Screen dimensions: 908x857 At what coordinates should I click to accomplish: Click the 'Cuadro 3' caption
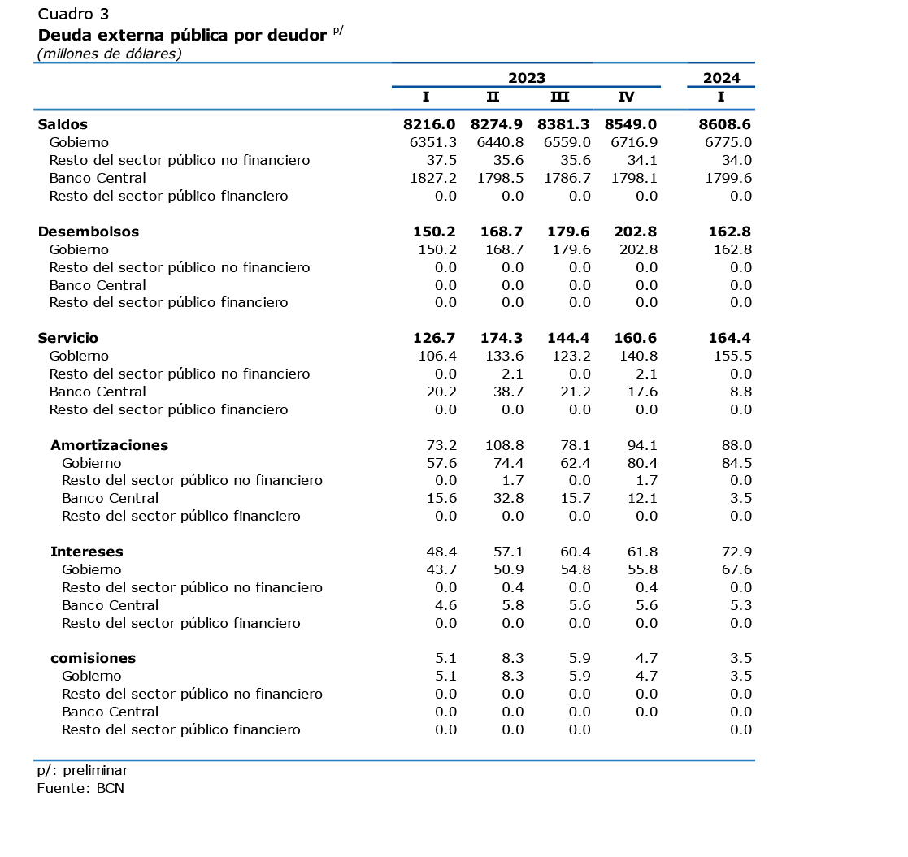(73, 14)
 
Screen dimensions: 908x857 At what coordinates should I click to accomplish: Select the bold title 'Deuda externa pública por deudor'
(182, 35)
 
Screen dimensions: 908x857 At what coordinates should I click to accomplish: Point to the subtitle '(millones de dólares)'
(110, 54)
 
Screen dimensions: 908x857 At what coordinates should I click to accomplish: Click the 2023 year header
(527, 78)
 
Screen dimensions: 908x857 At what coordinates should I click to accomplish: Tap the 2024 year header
(721, 78)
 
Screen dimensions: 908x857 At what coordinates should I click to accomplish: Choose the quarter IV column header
(626, 97)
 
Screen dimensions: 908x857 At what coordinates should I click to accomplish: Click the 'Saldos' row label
(63, 124)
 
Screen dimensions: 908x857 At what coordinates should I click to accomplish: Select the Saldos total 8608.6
(724, 124)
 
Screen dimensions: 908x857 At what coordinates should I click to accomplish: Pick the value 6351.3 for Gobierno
(432, 142)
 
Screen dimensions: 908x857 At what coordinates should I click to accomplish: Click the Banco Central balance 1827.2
(432, 178)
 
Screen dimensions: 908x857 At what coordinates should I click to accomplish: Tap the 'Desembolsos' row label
(88, 232)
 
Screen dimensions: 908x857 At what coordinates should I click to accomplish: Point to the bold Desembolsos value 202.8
(635, 232)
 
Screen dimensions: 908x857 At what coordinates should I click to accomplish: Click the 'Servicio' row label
(67, 338)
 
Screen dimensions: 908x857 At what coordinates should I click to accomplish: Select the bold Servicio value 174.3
(501, 338)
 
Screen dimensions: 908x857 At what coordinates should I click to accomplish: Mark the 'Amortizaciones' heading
(109, 445)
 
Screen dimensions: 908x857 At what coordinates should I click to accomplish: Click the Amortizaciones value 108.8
(504, 445)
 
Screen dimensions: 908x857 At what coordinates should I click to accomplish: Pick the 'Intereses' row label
(86, 552)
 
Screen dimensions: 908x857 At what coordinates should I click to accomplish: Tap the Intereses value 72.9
(736, 552)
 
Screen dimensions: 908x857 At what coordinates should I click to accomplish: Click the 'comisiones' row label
(93, 658)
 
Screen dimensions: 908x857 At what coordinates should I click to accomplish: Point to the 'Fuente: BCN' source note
(80, 788)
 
